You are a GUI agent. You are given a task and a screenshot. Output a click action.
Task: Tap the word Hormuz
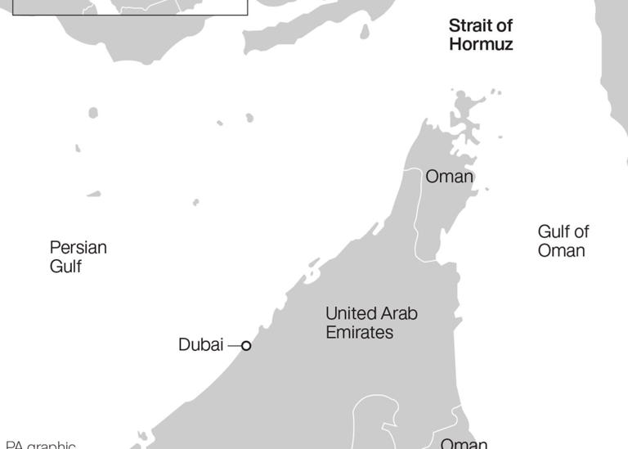pos(481,45)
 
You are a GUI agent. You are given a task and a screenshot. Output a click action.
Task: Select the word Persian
pos(78,247)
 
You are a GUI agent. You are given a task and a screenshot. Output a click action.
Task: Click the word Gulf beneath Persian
pos(65,267)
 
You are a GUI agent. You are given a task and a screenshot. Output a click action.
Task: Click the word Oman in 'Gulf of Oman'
pos(561,251)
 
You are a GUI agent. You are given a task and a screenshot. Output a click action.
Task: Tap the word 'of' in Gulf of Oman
pos(581,231)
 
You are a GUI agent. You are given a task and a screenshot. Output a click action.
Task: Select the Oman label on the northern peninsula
pos(449,177)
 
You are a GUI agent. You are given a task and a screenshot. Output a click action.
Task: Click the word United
pos(350,313)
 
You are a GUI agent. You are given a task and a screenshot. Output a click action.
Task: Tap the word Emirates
pos(359,333)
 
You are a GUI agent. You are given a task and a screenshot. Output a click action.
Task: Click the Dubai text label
pos(200,345)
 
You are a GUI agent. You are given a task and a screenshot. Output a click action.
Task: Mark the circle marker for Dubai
pos(246,346)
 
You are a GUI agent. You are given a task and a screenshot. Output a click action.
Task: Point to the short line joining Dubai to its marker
pos(235,346)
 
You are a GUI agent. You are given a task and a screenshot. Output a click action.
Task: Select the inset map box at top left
pos(131,7)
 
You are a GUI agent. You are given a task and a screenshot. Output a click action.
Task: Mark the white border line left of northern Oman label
pos(416,213)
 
